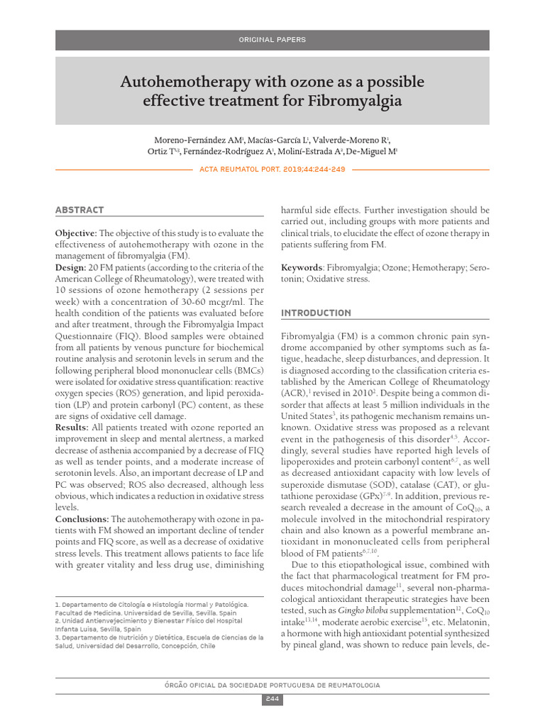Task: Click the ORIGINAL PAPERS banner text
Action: pyautogui.click(x=272, y=40)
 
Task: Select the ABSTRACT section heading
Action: pyautogui.click(x=79, y=210)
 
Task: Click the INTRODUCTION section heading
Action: pyautogui.click(x=316, y=313)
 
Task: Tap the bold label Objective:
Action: pyautogui.click(x=76, y=233)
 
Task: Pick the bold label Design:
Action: pyautogui.click(x=70, y=267)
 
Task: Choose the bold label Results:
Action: pyautogui.click(x=72, y=428)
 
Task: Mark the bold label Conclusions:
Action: pyautogui.click(x=81, y=519)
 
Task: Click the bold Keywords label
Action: pyautogui.click(x=302, y=267)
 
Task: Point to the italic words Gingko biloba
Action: pyautogui.click(x=362, y=610)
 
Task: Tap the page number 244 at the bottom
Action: pyautogui.click(x=272, y=700)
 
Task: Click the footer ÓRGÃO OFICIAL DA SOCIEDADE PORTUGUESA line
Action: pyautogui.click(x=272, y=685)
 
